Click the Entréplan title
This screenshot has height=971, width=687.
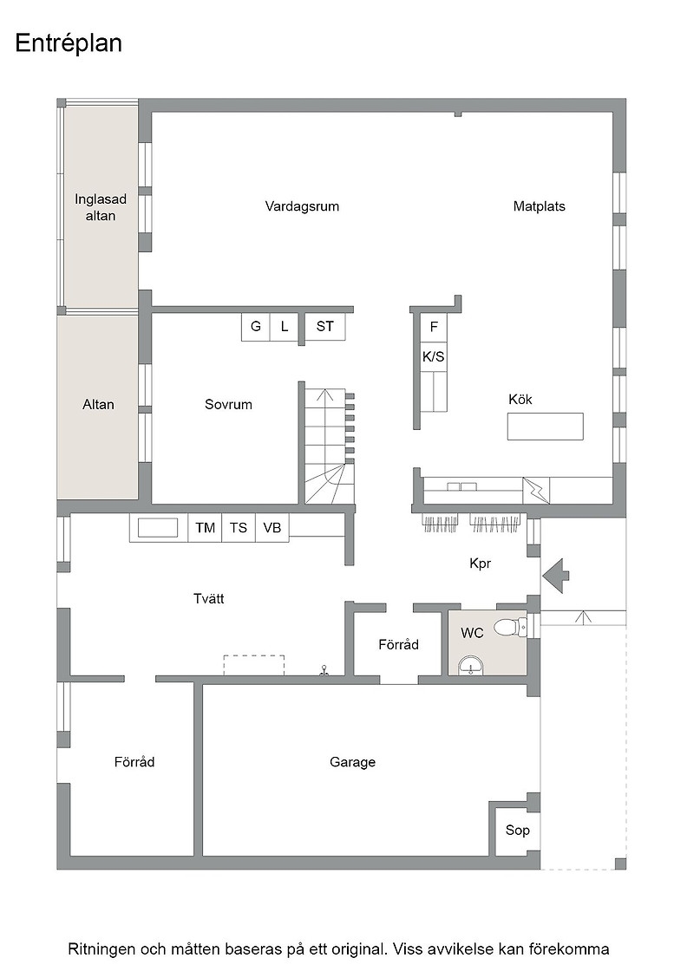coord(69,43)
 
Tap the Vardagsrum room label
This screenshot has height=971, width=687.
coord(302,206)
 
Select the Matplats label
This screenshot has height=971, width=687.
coord(539,206)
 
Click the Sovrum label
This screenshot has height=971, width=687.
coord(228,404)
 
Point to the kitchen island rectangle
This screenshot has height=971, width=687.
coord(545,426)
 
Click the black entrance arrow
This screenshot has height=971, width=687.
coord(556,576)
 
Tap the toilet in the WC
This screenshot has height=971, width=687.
coord(511,627)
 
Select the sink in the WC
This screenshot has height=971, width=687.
coord(471,667)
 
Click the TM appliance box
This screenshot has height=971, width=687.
coord(205,528)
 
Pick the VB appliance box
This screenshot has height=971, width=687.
coord(272,528)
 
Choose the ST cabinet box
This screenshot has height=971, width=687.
coord(325,326)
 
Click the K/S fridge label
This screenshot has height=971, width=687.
coord(433,356)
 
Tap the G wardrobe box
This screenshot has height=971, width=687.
coord(255,326)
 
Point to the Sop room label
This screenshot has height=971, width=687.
coord(517,830)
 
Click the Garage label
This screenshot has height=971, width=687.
coord(352,762)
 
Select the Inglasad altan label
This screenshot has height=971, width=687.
coord(101,207)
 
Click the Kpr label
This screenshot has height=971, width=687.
coord(480,564)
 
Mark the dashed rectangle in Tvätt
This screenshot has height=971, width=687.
coord(254,665)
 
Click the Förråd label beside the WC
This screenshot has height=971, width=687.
coord(398,645)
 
